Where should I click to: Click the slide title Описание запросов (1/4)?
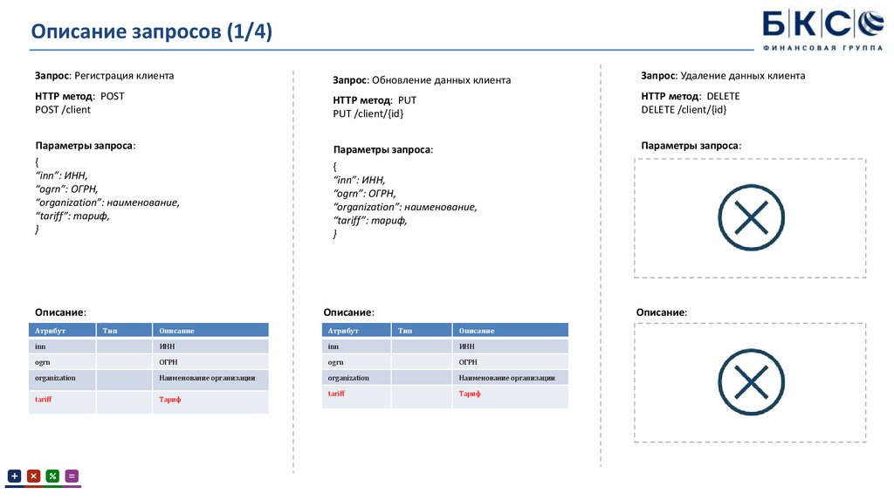tap(152, 31)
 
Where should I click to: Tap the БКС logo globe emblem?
tap(870, 24)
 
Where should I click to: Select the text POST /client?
tap(63, 109)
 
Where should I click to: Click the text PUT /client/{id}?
tap(368, 113)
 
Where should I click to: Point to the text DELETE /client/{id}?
tap(684, 109)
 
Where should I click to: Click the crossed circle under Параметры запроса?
tap(751, 217)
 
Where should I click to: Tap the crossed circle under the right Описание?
tap(751, 382)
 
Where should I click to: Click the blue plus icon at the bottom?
tap(14, 476)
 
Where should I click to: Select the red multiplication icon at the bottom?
tap(34, 476)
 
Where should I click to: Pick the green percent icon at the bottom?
tap(52, 476)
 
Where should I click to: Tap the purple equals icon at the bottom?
tap(72, 476)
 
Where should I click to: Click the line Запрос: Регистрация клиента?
tap(105, 76)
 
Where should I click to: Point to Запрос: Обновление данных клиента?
tap(422, 80)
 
